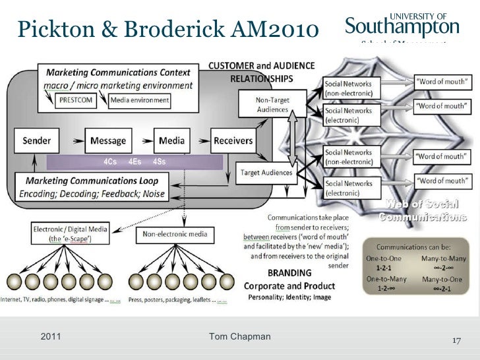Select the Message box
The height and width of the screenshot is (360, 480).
pos(108,141)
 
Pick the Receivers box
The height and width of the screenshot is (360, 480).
pos(233,141)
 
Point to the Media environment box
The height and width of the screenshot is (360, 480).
pos(139,101)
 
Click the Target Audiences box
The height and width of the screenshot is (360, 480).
pos(266,172)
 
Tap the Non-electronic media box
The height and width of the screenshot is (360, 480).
pos(175,234)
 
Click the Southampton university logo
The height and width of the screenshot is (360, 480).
pos(402,26)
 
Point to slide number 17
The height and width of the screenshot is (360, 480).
pos(456,342)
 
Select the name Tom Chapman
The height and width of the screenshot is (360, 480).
pos(239,337)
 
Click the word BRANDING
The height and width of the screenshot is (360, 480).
pos(289,272)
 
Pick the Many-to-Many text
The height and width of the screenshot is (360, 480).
pos(442,258)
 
